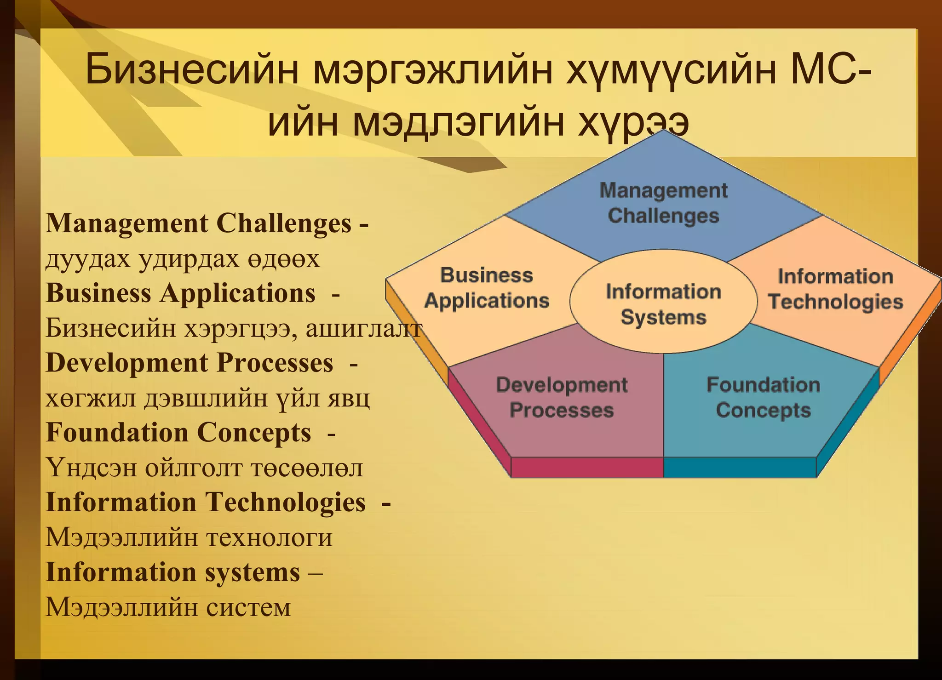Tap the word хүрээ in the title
[633, 123]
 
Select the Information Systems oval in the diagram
[663, 304]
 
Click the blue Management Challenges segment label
[663, 203]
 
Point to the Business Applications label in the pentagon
[486, 288]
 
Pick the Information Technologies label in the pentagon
[835, 289]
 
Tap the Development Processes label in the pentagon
[562, 397]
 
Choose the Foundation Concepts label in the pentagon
[763, 397]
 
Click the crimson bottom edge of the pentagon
[587, 467]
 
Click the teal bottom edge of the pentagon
[740, 467]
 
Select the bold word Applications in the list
[238, 293]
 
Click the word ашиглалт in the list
[363, 329]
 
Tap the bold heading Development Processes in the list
[190, 363]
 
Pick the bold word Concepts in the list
[254, 433]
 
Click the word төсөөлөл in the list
[307, 468]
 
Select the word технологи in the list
[269, 537]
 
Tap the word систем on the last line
[248, 607]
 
